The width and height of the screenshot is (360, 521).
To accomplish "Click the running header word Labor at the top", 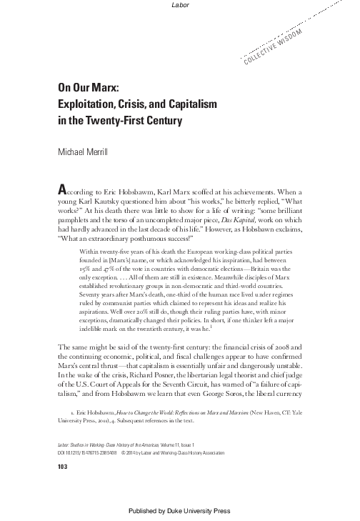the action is (x=179, y=6).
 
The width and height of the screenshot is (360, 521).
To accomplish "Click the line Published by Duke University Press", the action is (x=179, y=513).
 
